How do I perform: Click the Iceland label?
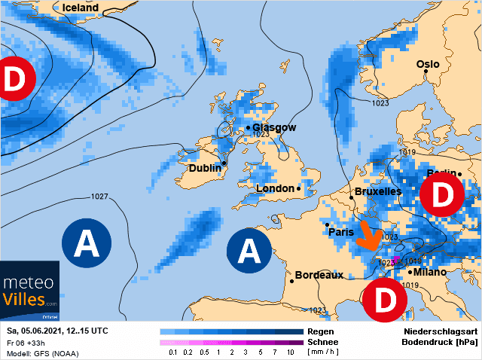(x=81, y=8)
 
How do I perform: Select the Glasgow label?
(x=274, y=128)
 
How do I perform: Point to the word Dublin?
(x=204, y=168)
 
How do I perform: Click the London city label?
(x=276, y=188)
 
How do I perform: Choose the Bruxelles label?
(x=377, y=192)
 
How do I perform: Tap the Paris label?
(x=341, y=232)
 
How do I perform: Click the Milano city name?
(x=431, y=272)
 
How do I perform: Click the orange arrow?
(x=368, y=235)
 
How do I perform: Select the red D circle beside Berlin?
(x=441, y=197)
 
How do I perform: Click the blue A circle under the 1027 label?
(x=87, y=242)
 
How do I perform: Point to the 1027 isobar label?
(x=99, y=197)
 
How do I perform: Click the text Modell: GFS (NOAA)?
(x=42, y=353)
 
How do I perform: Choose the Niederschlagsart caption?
(x=437, y=331)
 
